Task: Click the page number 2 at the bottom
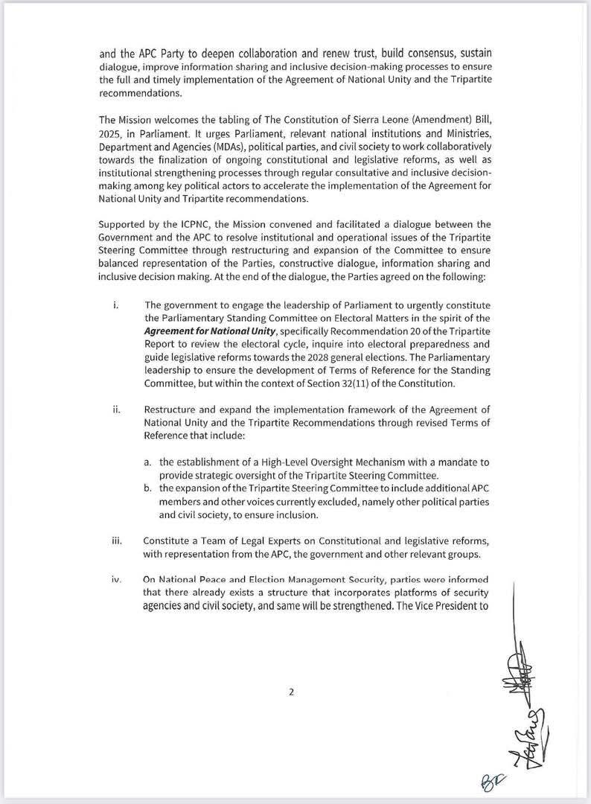tap(292, 692)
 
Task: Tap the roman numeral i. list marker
tap(115, 304)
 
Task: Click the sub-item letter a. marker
tap(149, 462)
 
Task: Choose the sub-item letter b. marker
tap(149, 488)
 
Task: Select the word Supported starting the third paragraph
tap(122, 224)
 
